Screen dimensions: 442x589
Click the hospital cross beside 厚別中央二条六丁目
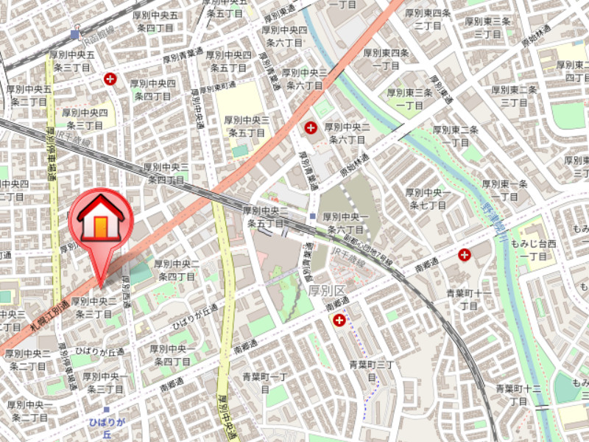311,128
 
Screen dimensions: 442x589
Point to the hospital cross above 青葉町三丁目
339,320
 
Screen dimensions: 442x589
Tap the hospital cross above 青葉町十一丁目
465,255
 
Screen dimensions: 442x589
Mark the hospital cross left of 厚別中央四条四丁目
110,78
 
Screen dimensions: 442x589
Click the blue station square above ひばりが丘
106,410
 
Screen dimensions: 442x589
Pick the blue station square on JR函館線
75,34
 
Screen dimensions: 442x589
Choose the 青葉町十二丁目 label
518,394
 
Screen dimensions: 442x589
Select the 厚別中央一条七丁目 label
427,198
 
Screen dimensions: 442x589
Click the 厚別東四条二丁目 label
428,19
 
